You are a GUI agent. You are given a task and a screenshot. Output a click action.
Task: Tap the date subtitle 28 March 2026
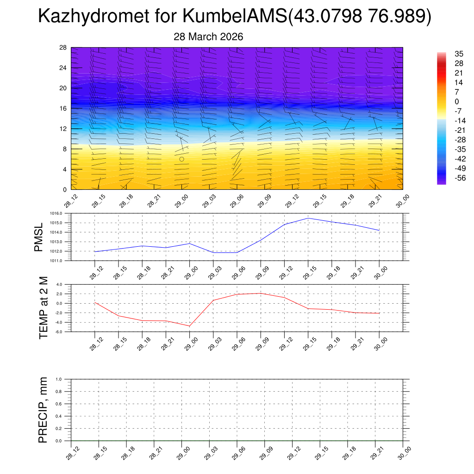[x=208, y=37]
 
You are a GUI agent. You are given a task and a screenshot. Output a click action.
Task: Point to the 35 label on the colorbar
[x=446, y=54]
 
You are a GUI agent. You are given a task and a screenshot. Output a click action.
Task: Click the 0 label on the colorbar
[x=444, y=101]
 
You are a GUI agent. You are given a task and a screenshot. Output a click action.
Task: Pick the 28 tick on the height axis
[x=63, y=48]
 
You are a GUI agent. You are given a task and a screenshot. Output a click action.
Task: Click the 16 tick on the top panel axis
[x=63, y=108]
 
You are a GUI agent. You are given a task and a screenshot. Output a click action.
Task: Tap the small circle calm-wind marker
[x=181, y=159]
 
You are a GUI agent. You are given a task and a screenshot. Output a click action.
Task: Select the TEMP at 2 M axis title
[x=44, y=308]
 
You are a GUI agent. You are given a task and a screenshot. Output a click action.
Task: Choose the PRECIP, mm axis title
[x=43, y=410]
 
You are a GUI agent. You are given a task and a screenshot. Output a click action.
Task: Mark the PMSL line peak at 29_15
[x=308, y=218]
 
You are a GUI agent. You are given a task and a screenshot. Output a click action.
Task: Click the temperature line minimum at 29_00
[x=189, y=326]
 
